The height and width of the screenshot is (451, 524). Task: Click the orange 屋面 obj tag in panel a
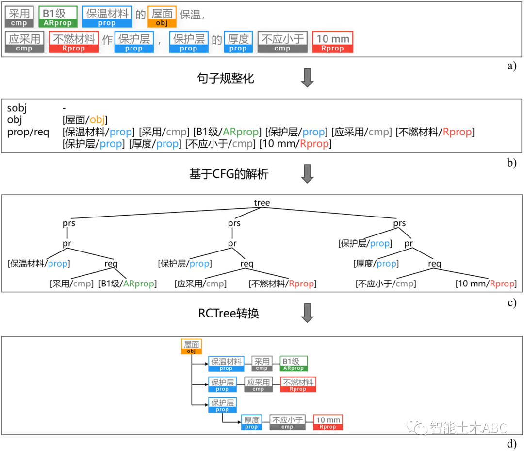[x=162, y=17]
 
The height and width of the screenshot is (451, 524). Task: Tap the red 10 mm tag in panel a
[x=332, y=42]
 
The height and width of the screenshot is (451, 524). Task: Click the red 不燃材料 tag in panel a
[x=74, y=42]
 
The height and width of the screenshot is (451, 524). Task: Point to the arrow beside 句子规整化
[x=307, y=78]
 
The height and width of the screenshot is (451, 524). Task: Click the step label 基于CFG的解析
[x=229, y=174]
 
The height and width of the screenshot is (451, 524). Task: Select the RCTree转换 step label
[x=229, y=313]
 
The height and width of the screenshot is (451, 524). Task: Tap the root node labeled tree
[x=262, y=203]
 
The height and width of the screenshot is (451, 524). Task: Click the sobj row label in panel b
[x=17, y=108]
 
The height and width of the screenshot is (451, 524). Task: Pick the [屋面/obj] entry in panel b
[x=85, y=120]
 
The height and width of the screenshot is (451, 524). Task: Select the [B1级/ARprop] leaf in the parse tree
[x=128, y=284]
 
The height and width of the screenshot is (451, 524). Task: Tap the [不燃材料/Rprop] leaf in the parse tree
[x=282, y=284]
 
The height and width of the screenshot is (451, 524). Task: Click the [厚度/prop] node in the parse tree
[x=376, y=264]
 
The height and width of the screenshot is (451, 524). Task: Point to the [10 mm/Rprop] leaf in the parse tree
[x=485, y=284]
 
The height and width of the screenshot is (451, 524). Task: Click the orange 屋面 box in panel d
[x=192, y=347]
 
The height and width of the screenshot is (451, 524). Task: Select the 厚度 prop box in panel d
[x=251, y=422]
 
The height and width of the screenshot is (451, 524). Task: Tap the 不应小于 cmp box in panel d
[x=287, y=422]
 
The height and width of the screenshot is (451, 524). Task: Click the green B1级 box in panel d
[x=294, y=364]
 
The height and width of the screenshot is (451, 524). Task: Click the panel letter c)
[x=511, y=302]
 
